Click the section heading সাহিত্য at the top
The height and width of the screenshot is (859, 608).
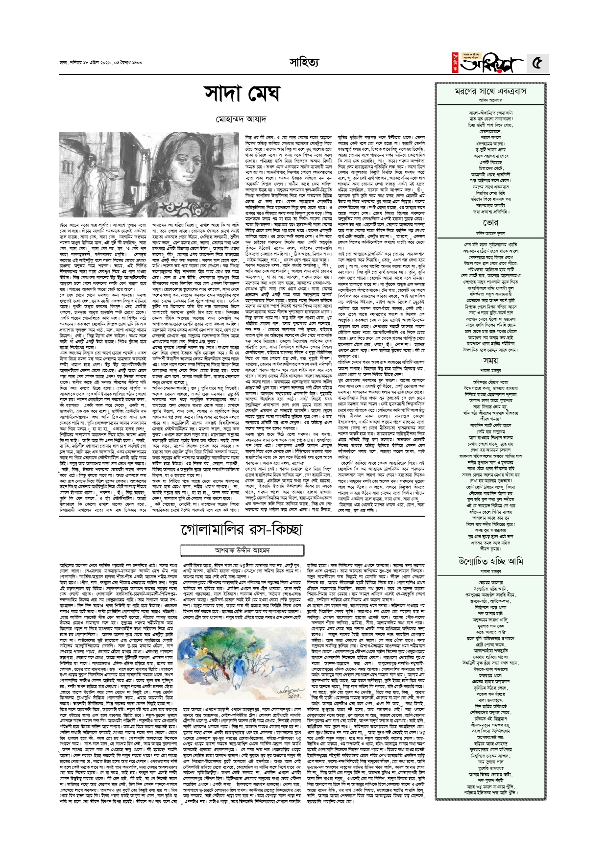(304, 62)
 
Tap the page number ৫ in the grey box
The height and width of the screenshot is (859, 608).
(537, 63)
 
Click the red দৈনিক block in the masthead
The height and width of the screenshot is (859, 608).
(455, 64)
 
